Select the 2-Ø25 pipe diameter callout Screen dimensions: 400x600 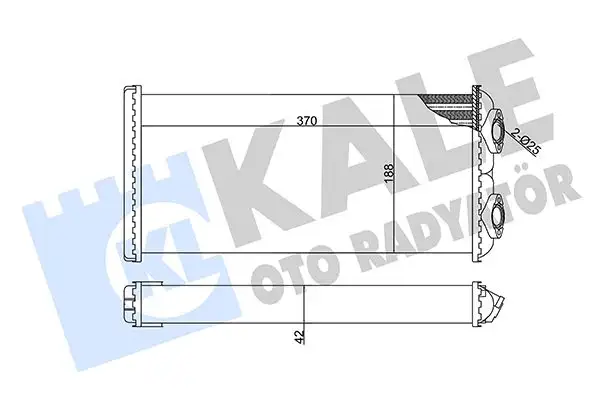pos(525,141)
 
